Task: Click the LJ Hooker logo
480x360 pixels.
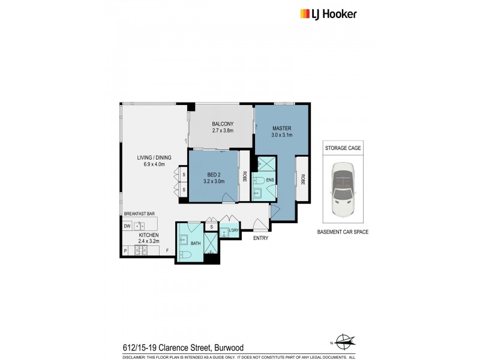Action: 327,13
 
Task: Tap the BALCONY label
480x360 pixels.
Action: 223,127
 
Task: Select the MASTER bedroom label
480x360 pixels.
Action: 281,131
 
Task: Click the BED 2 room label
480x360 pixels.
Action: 214,178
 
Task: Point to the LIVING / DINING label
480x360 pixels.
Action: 154,160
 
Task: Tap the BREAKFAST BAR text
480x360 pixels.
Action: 139,214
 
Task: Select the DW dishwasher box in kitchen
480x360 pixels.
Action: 127,226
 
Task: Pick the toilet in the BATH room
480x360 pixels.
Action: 185,255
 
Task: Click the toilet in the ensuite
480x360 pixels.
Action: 259,179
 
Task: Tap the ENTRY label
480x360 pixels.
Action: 260,238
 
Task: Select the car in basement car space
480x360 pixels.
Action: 343,191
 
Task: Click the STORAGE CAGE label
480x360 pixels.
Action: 343,147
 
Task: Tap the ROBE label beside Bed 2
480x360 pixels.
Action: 244,176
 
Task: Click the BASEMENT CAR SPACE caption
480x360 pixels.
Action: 343,232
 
